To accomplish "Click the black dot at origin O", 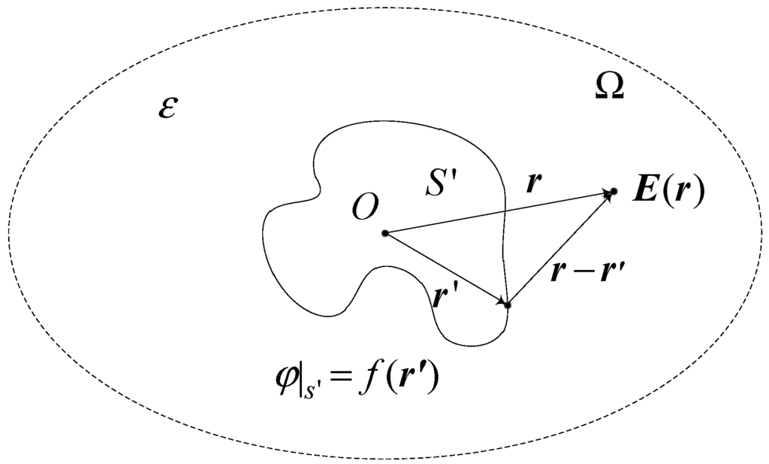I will click(385, 233).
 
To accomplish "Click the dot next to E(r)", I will click(614, 193).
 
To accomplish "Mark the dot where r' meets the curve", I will click(508, 305).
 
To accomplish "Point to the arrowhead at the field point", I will click(605, 194).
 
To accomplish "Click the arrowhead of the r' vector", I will click(500, 301).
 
